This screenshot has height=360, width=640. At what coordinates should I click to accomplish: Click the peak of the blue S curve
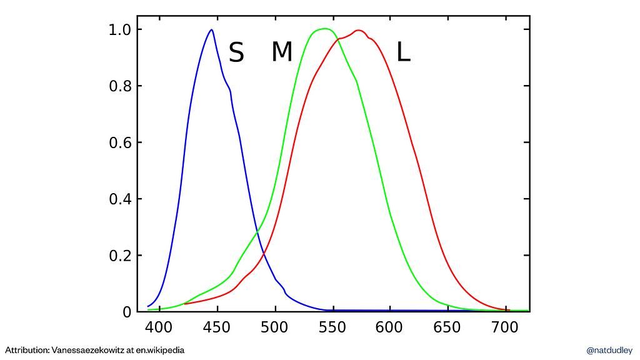[x=212, y=30]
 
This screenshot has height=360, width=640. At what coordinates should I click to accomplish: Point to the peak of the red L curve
[x=359, y=30]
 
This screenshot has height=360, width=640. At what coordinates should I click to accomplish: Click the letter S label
[x=236, y=53]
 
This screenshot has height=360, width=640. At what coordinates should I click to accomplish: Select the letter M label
[x=282, y=52]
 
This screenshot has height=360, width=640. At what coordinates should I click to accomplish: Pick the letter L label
[x=404, y=53]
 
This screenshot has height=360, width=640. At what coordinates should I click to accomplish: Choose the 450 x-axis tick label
[x=217, y=327]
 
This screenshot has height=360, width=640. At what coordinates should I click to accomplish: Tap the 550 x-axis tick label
[x=333, y=327]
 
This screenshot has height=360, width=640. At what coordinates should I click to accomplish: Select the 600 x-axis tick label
[x=391, y=327]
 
